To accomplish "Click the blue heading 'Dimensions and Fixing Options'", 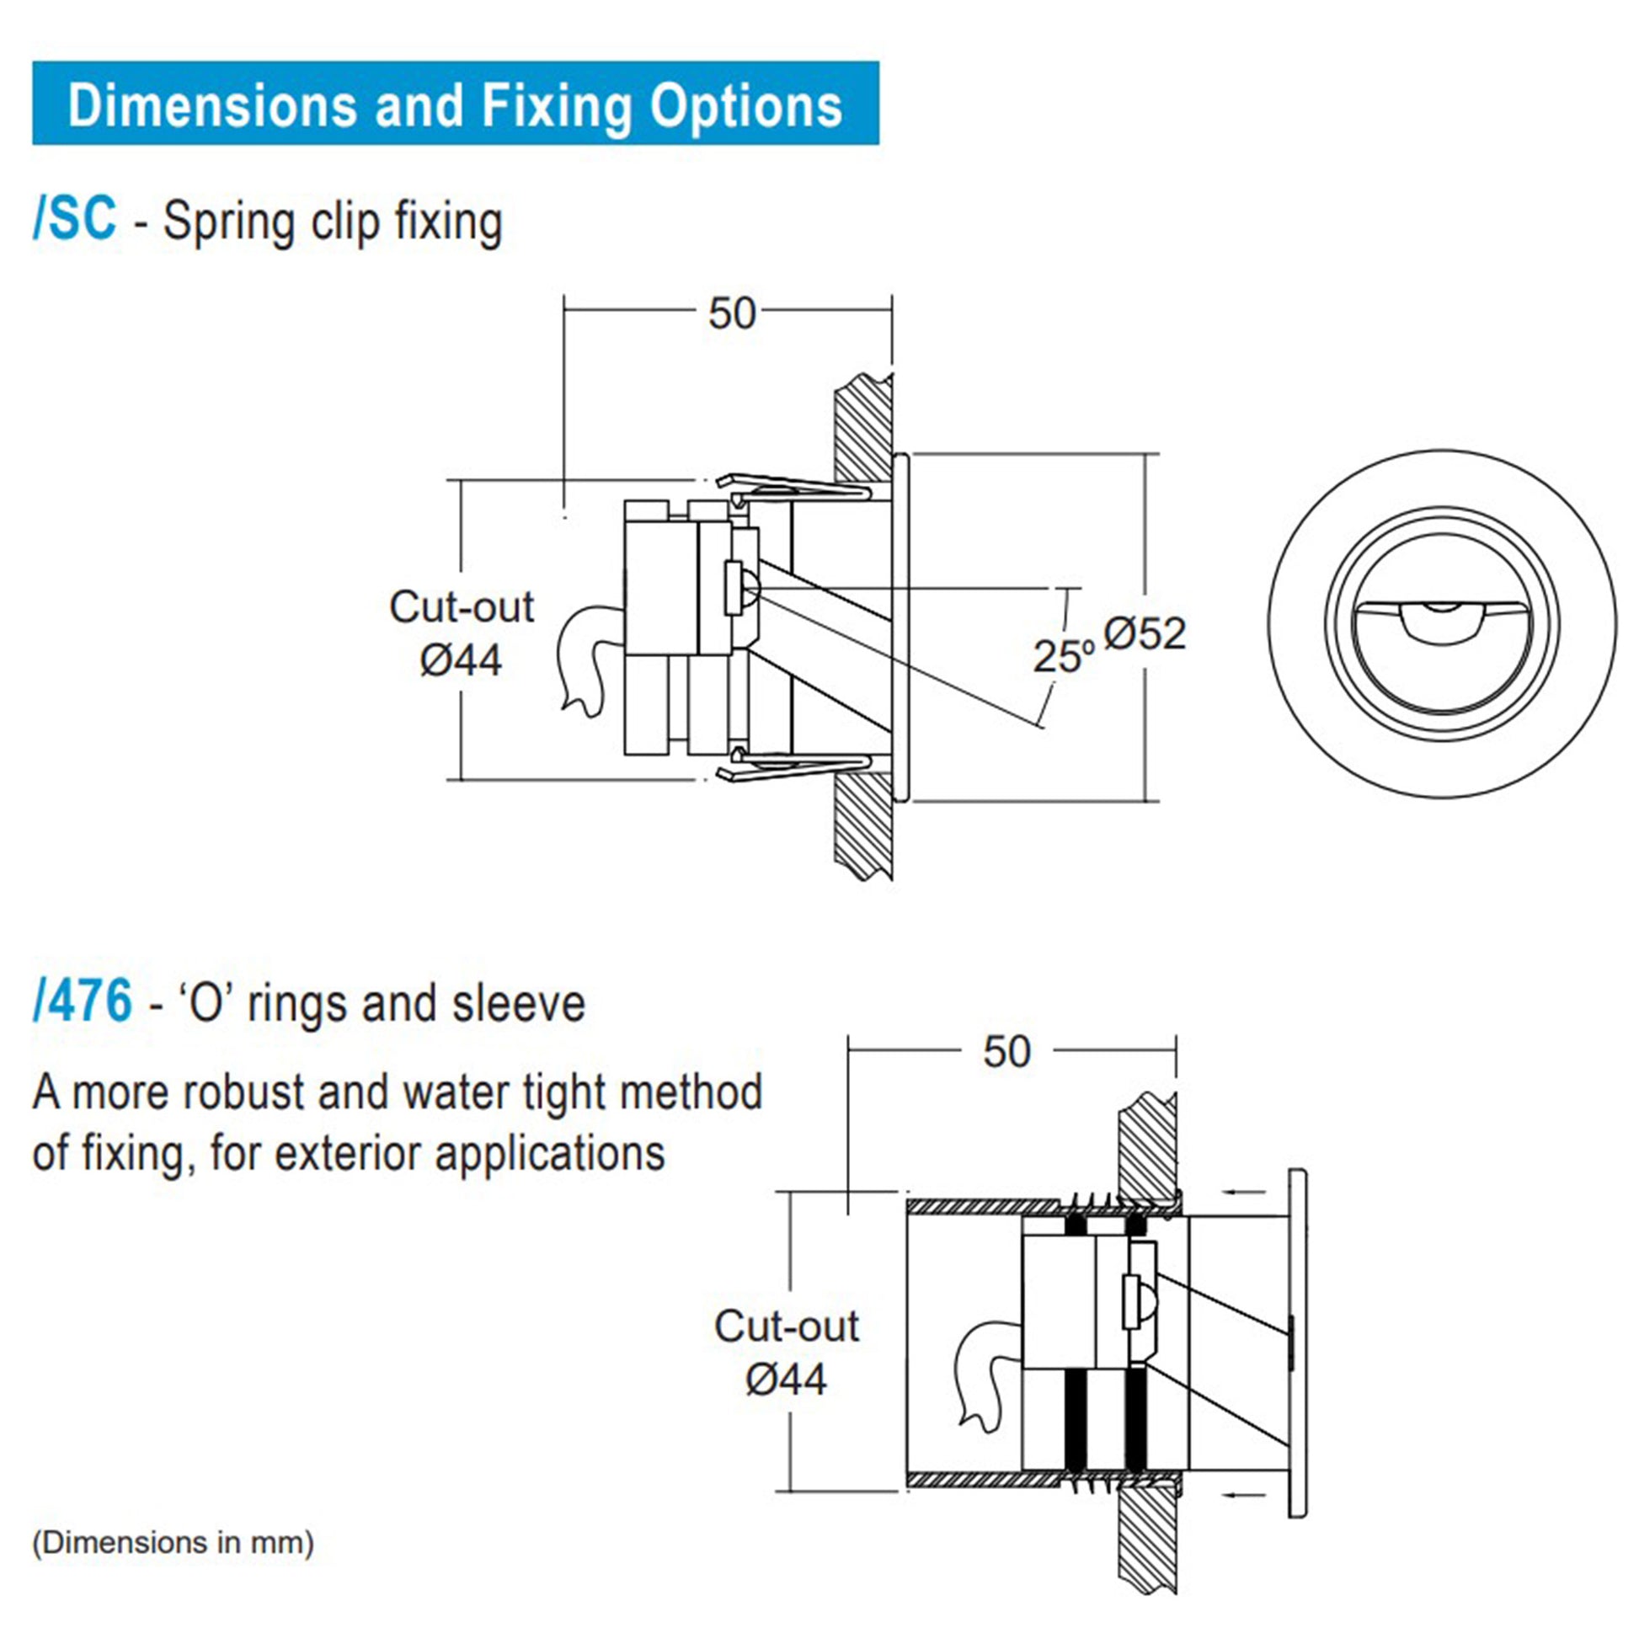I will [x=455, y=105].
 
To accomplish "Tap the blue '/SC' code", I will [x=75, y=220].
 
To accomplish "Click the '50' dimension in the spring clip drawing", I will [x=731, y=314].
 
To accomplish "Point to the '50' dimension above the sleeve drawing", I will [x=1006, y=1052].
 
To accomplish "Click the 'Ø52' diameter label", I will [x=1145, y=633].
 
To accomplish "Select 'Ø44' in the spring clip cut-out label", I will [x=461, y=660].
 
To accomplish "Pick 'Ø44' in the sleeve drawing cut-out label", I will [x=786, y=1380].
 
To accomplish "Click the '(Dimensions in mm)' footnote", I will [x=173, y=1541].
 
